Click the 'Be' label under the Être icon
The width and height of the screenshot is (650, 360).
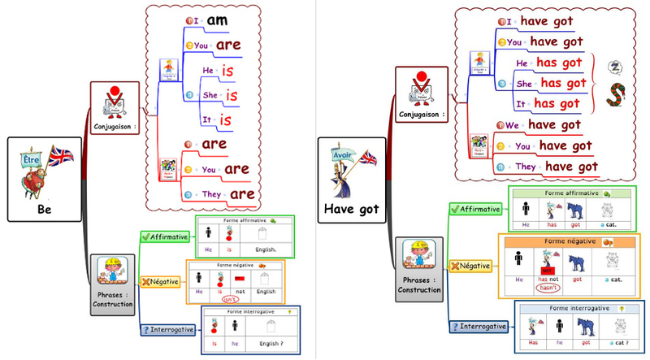45,207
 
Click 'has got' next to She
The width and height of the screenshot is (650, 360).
563,82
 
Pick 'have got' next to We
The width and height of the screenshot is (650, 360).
555,124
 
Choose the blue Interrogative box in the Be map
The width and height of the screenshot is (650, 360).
165,329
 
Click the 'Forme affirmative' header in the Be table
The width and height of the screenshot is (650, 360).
239,219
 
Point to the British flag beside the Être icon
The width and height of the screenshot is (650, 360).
61,154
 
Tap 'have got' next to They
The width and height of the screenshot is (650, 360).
570,166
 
